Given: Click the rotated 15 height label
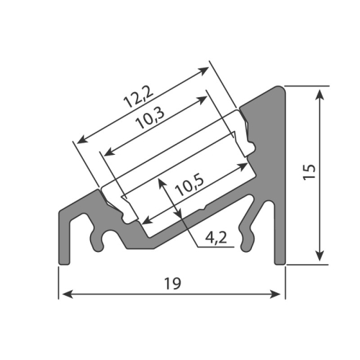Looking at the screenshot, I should pyautogui.click(x=310, y=171).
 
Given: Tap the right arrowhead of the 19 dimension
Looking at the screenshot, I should pyautogui.click(x=276, y=294).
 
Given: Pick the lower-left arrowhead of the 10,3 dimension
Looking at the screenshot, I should pyautogui.click(x=107, y=151).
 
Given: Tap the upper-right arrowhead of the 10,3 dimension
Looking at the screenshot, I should pyautogui.click(x=200, y=99).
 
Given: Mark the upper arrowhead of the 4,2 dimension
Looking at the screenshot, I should pyautogui.click(x=164, y=184).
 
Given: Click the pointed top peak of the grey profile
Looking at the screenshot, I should pyautogui.click(x=282, y=86).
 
